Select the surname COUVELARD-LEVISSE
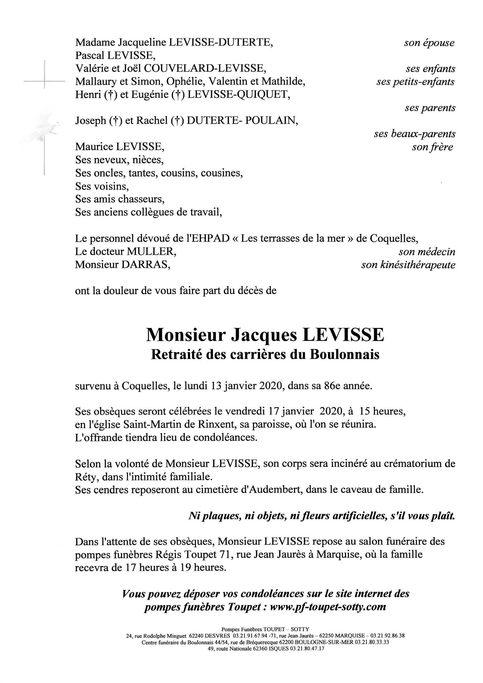[x=205, y=69]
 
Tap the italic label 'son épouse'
[x=429, y=43]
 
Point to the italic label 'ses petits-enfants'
[x=415, y=82]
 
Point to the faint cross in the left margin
[x=44, y=81]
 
